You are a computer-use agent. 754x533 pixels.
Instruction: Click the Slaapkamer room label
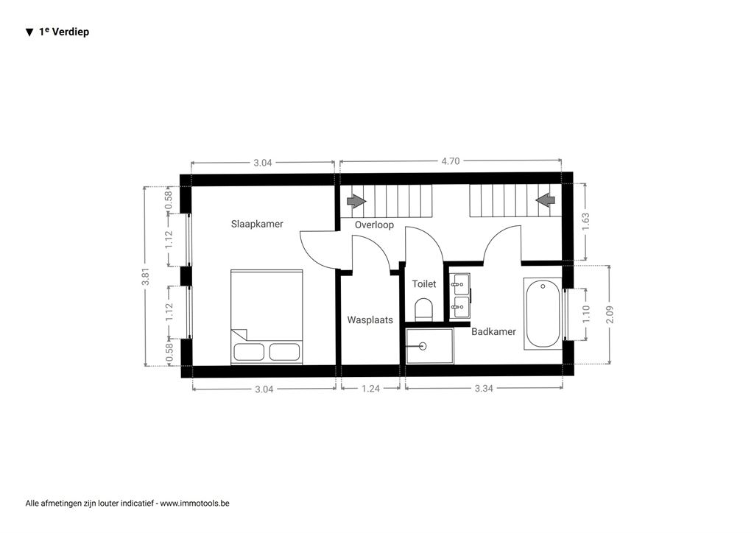pyautogui.click(x=257, y=224)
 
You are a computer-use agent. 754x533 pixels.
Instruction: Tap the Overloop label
pyautogui.click(x=374, y=225)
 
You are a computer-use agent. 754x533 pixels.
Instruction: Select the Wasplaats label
pyautogui.click(x=370, y=320)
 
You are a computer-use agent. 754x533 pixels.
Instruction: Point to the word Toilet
pyautogui.click(x=424, y=284)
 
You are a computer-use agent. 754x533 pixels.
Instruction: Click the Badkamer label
pyautogui.click(x=493, y=331)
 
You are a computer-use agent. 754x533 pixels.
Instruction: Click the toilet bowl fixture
pyautogui.click(x=423, y=309)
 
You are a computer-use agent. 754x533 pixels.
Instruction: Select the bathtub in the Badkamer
pyautogui.click(x=543, y=314)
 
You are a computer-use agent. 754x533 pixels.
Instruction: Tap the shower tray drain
pyautogui.click(x=423, y=345)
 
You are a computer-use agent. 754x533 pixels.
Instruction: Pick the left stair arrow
pyautogui.click(x=356, y=200)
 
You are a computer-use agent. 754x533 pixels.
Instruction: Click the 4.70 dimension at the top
pyautogui.click(x=451, y=161)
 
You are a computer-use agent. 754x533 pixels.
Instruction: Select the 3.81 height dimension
pyautogui.click(x=146, y=276)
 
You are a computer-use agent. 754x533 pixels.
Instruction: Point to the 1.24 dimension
pyautogui.click(x=371, y=389)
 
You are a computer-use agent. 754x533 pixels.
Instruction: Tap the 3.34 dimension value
pyautogui.click(x=484, y=389)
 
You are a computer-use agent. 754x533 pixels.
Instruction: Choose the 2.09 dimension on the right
pyautogui.click(x=610, y=314)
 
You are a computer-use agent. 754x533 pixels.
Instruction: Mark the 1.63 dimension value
pyautogui.click(x=585, y=222)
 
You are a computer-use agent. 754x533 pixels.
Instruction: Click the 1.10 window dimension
pyautogui.click(x=585, y=314)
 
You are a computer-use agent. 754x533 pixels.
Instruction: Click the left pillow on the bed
pyautogui.click(x=249, y=352)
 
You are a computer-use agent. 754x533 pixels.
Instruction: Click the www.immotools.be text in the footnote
pyautogui.click(x=194, y=504)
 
